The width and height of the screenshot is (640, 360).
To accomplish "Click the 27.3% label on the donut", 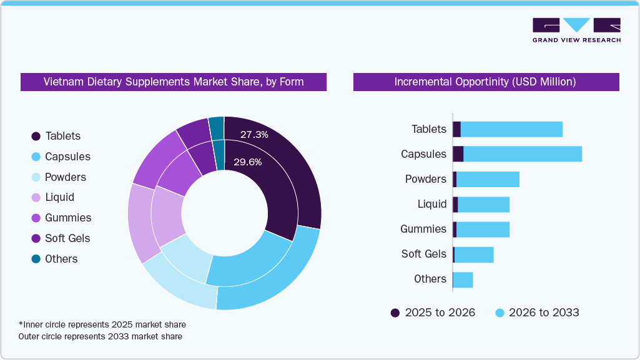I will click(254, 134).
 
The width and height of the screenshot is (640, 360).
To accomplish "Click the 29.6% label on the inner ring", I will click(247, 162).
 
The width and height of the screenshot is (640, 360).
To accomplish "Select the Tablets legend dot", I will click(36, 136).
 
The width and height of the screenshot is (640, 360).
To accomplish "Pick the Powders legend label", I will click(66, 177).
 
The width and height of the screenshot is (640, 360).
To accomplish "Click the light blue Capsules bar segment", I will click(522, 154).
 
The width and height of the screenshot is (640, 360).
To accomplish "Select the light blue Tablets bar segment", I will click(511, 129).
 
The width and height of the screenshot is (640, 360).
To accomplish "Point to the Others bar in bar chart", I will click(463, 280).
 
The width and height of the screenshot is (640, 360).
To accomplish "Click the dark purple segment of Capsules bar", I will click(458, 154).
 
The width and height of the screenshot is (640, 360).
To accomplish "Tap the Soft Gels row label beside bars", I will click(423, 254).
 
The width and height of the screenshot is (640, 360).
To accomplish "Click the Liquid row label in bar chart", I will click(432, 204).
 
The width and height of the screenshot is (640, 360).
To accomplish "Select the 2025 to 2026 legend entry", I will click(433, 313).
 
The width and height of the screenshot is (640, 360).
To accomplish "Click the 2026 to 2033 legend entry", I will click(537, 313).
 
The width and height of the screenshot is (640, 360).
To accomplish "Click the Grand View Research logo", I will click(576, 30).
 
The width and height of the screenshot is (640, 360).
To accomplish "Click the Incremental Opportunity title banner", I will click(486, 82).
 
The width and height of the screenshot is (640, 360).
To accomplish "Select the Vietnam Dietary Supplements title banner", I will click(174, 82).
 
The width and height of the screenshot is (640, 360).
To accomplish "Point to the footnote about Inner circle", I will click(102, 324).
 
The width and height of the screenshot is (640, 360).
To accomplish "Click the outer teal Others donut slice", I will click(216, 127).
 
